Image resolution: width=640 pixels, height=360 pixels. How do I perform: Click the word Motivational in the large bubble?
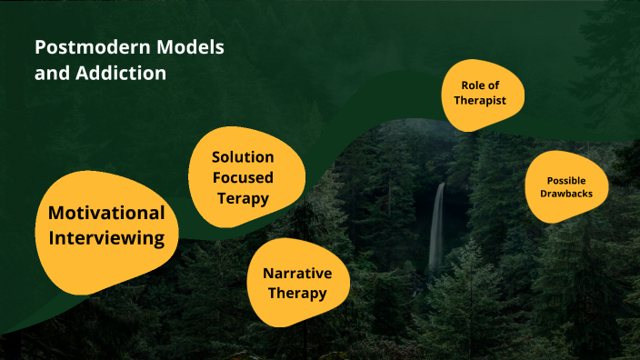tap(106, 214)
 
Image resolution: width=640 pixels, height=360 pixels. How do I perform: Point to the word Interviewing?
tap(106, 239)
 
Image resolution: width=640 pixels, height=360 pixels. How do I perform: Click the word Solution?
tap(243, 157)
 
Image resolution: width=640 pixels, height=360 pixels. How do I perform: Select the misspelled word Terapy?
tap(243, 197)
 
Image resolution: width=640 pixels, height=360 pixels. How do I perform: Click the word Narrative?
tap(297, 274)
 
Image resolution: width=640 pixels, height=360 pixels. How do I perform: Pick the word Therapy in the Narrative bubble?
tap(297, 294)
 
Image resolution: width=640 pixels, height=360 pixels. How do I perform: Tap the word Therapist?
tap(484, 101)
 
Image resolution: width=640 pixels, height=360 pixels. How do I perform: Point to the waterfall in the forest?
tap(437, 227)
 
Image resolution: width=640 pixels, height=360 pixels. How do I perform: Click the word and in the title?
tap(51, 74)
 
